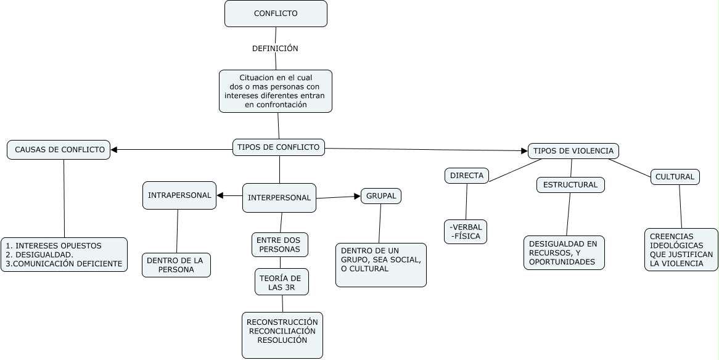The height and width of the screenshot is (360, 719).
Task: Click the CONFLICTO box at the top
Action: [x=276, y=14]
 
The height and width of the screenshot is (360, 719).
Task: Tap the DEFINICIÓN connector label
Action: [x=275, y=48]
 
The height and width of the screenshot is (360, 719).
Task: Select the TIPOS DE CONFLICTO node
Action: [x=279, y=147]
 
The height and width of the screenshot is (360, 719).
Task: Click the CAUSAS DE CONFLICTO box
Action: [x=59, y=150]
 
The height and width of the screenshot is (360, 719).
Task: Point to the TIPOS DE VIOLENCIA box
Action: [x=573, y=151]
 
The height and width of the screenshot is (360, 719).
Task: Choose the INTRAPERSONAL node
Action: [x=179, y=195]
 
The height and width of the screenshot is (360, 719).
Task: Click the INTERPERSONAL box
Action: [x=279, y=198]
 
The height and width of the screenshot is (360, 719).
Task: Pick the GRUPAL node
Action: [x=381, y=196]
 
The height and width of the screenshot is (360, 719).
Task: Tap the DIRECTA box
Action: [x=466, y=176]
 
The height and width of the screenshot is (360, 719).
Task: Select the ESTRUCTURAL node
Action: [x=570, y=185]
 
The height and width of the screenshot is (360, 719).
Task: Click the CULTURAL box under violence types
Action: [x=675, y=177]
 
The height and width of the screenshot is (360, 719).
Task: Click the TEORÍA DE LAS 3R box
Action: [x=282, y=282]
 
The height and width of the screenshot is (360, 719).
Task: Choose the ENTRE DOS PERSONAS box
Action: [x=279, y=245]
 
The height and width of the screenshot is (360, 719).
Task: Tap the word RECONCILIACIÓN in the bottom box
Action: [x=282, y=331]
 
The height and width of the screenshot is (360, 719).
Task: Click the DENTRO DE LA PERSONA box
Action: [x=176, y=265]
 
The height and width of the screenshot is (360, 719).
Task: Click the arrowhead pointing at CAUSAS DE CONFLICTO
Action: [x=114, y=149]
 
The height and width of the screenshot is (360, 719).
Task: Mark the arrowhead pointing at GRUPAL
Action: [x=357, y=196]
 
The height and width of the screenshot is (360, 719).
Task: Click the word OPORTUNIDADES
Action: [x=562, y=262]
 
